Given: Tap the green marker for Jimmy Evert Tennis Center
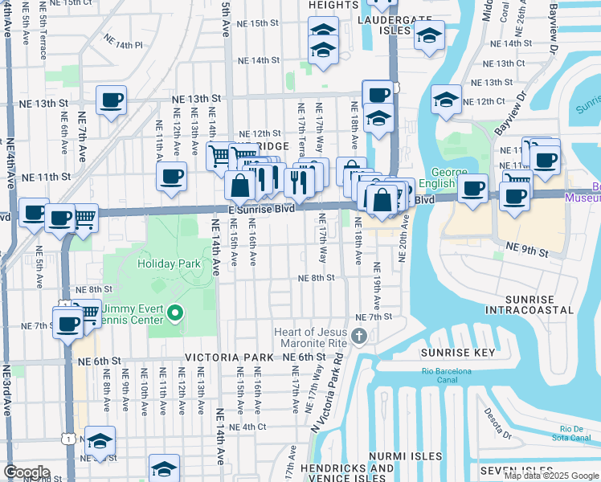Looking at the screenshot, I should click(176, 315).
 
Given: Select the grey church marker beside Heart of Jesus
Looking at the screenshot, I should click(359, 335).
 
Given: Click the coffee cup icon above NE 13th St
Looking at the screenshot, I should click(111, 100).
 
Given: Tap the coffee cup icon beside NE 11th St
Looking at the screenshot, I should click(171, 176).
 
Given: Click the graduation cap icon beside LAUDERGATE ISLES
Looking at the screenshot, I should click(429, 35).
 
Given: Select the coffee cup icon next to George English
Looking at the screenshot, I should click(473, 187).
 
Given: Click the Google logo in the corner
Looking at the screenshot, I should click(26, 472).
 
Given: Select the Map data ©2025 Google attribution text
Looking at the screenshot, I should click(551, 476).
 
